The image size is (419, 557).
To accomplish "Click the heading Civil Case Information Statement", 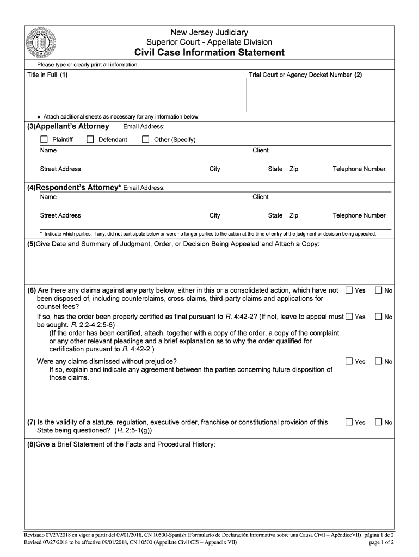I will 209,53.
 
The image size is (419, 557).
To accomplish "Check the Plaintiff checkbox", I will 44,139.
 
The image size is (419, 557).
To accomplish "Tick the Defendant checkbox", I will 90,139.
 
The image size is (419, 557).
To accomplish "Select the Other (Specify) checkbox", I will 145,139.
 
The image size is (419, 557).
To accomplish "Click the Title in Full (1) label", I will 47,75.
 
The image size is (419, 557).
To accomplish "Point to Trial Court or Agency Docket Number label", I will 305,75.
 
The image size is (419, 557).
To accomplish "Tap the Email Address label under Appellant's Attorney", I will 144,127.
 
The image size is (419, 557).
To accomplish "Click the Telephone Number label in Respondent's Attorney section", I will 359,215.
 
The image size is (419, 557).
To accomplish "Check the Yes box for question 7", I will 349,422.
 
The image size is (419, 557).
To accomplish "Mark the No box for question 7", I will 378,422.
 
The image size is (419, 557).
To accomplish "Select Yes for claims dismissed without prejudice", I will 349,361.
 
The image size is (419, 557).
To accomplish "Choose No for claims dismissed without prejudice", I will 378,361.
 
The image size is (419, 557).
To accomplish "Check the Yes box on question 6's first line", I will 349,290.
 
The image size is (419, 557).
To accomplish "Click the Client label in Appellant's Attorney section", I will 260,150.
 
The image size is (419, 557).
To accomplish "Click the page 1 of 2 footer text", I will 381,542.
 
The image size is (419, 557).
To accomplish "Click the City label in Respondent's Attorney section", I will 214,215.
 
